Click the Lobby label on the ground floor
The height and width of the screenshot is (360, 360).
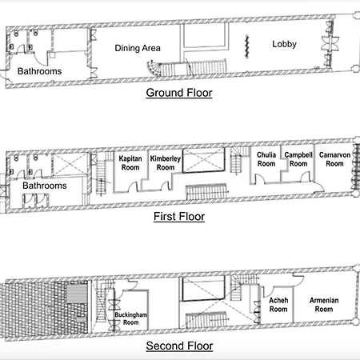(x=284, y=44)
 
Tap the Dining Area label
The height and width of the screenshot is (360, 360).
(x=138, y=48)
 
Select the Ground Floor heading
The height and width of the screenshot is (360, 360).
(x=179, y=93)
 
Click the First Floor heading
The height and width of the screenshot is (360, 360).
(x=179, y=217)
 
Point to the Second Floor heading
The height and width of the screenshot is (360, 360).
(x=179, y=346)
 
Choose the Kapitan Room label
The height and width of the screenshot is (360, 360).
(x=130, y=163)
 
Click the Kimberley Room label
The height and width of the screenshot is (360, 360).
(x=166, y=163)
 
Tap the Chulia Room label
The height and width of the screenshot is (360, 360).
(x=266, y=159)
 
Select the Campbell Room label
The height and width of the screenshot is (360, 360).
(x=298, y=159)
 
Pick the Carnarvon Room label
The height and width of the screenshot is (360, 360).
(x=334, y=159)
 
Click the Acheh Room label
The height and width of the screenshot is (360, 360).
(x=278, y=305)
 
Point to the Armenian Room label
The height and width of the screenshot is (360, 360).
(x=324, y=305)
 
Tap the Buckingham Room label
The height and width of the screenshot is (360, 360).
(x=130, y=318)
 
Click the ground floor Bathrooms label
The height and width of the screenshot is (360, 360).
(x=39, y=71)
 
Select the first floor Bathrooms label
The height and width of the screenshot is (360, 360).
(x=45, y=186)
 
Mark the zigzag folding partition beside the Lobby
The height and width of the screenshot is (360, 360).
(x=247, y=46)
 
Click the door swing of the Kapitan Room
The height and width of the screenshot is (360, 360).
(x=133, y=186)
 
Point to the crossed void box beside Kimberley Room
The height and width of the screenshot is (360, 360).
(x=203, y=160)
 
